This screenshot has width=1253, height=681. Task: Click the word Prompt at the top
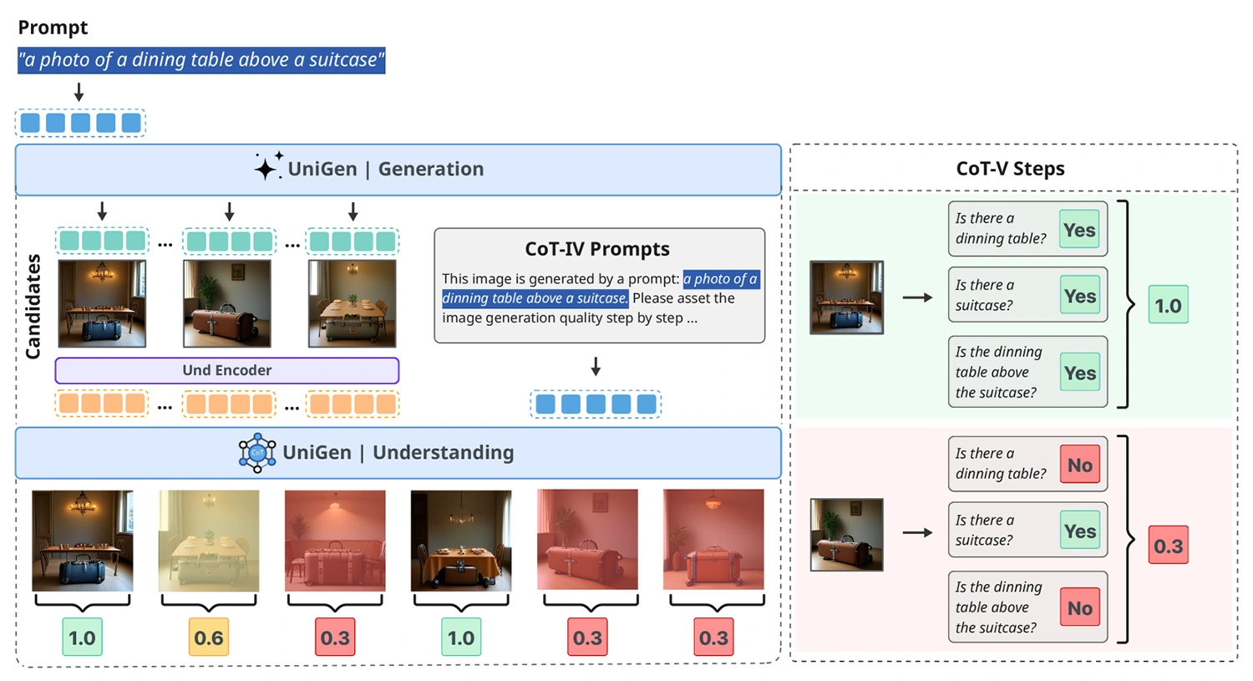[x=53, y=28]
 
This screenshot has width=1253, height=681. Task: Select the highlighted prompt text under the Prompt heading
[x=200, y=60]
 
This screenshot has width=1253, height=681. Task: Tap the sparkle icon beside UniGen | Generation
[x=268, y=167]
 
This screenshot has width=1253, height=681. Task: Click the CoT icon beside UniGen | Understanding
[x=257, y=453]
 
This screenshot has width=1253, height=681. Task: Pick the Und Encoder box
[x=226, y=370]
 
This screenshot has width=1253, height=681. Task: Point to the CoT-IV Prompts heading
[x=597, y=249]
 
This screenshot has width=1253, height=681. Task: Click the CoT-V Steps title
[x=1010, y=169]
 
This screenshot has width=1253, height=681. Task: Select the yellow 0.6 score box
[x=209, y=638]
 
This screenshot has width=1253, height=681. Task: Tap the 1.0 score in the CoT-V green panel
[x=1168, y=306]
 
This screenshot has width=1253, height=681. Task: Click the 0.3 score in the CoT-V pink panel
[x=1168, y=546]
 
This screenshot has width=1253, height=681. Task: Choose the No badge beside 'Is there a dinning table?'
[x=1079, y=465]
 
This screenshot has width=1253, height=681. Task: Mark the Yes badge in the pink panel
[x=1079, y=531]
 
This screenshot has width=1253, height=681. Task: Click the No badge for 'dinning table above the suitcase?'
[x=1079, y=608]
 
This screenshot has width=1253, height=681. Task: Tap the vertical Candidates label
[x=33, y=307]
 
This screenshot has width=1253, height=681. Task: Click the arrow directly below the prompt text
[x=79, y=92]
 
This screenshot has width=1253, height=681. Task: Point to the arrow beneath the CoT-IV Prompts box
[x=596, y=366]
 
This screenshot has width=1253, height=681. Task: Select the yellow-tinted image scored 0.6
[x=209, y=541]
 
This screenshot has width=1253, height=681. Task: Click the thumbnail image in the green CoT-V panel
[x=846, y=297]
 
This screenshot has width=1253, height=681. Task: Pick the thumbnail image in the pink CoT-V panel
[x=846, y=535]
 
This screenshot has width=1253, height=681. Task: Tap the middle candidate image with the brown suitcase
[x=227, y=303]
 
